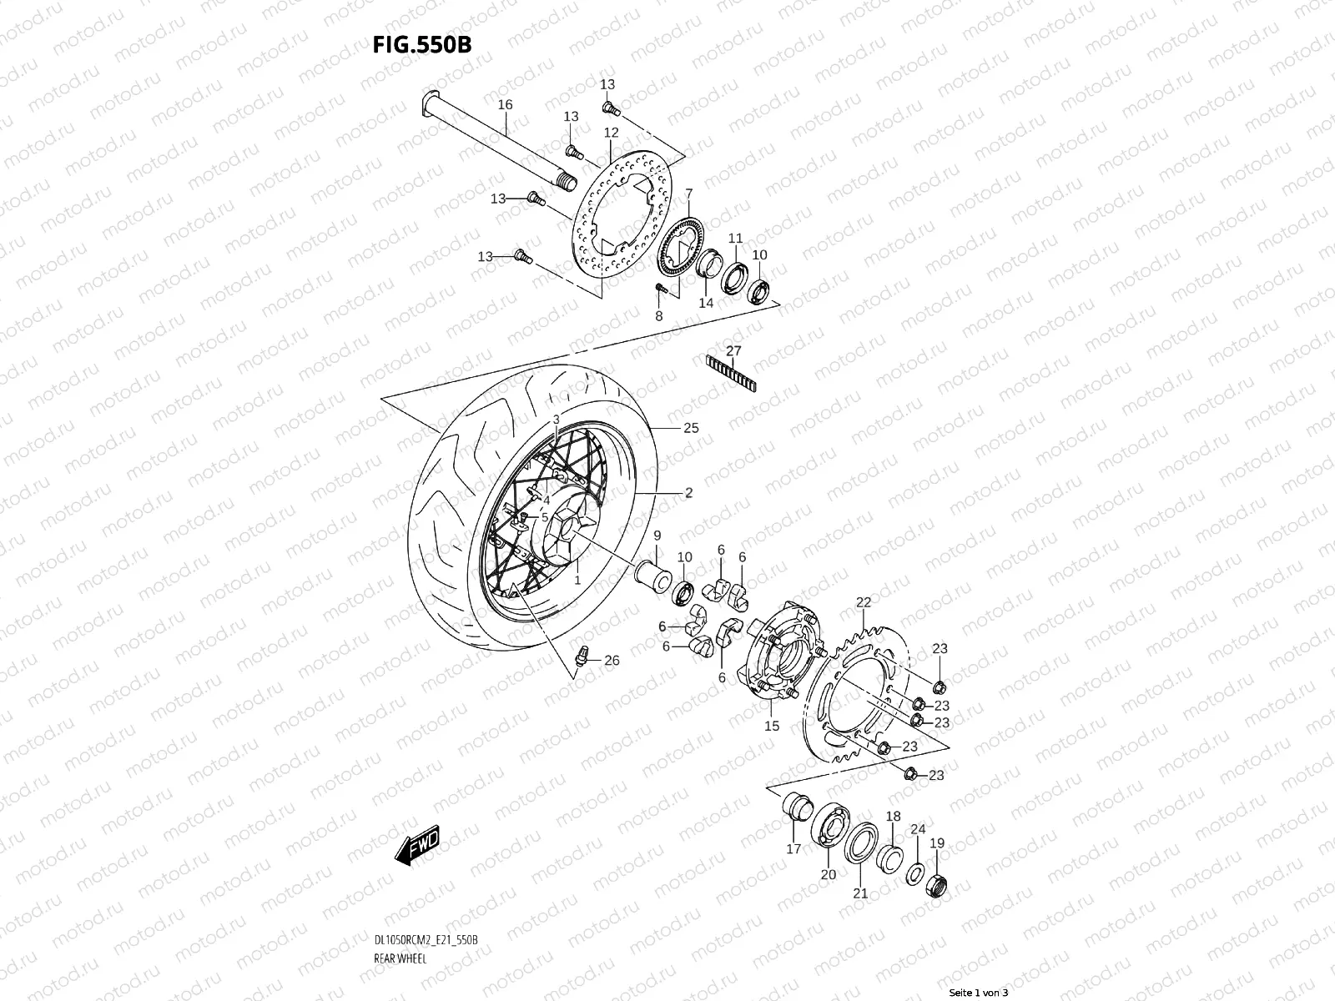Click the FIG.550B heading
421,44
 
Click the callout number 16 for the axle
505,105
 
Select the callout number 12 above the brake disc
611,133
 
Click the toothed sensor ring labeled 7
678,246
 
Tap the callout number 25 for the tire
690,428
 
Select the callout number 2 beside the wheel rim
688,493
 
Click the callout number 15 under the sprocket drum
772,726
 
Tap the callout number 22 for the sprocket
863,602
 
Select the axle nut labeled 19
937,885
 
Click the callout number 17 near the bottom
793,849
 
